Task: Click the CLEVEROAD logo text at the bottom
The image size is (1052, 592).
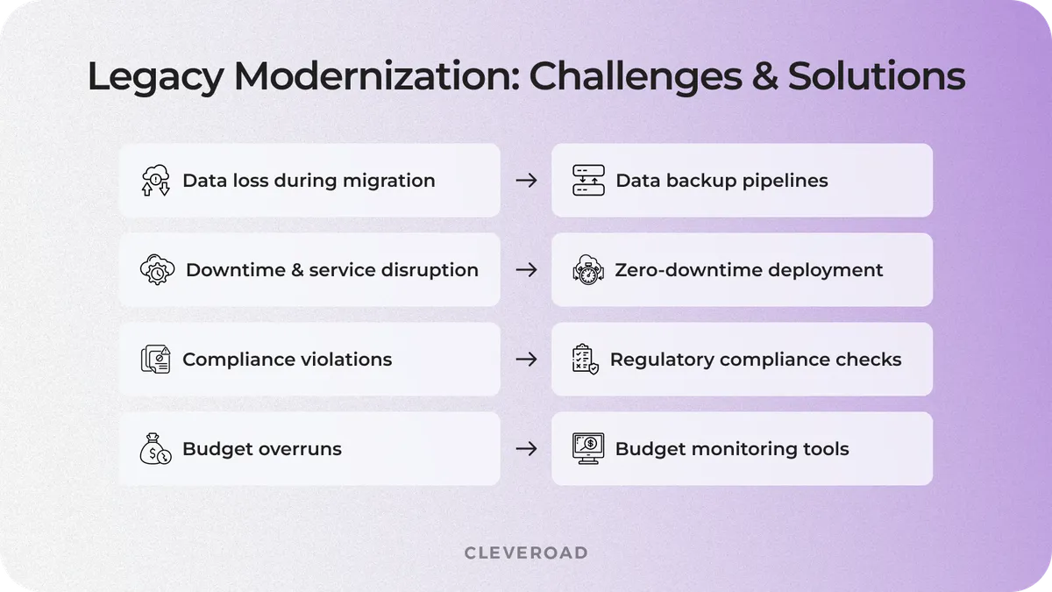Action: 526,553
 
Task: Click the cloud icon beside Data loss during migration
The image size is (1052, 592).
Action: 155,180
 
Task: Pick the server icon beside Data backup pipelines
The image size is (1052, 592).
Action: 588,180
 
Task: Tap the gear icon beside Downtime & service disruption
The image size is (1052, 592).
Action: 157,270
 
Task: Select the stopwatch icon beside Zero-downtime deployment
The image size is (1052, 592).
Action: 588,270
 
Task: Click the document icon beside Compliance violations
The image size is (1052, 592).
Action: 155,360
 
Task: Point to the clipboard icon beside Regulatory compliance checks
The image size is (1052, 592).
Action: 585,360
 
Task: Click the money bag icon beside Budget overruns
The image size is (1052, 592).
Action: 155,449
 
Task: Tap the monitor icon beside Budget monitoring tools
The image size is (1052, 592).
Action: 588,449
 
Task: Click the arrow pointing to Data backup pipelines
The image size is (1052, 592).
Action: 526,181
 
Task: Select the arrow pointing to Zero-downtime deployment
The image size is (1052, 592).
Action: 526,270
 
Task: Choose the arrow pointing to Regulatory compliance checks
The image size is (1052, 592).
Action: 526,360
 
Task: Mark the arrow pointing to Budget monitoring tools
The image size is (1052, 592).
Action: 526,449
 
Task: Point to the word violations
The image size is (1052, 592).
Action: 345,360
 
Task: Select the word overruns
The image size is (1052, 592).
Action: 301,449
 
